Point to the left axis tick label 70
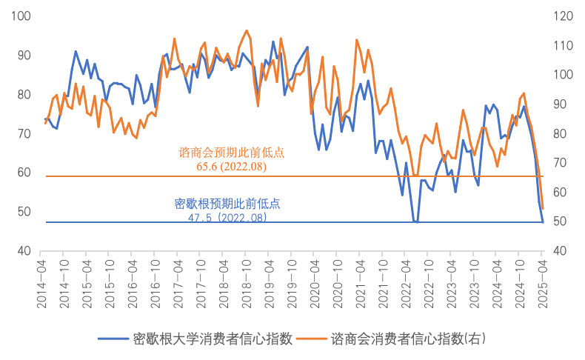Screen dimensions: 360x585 coord(24,133)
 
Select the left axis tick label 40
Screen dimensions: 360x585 coord(24,251)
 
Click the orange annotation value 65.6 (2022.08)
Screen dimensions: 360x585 coord(231,167)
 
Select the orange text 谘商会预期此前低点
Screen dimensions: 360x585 coord(232,153)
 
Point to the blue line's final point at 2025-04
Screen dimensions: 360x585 coord(543,221)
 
